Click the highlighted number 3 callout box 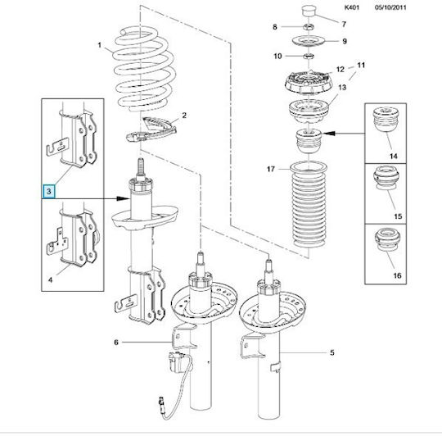tap(49, 191)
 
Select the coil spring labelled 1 tap(144, 69)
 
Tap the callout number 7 tap(344, 25)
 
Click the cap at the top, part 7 tap(309, 11)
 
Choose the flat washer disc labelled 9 tap(309, 42)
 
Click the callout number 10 tap(277, 57)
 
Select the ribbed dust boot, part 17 tap(309, 205)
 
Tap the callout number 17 tap(271, 169)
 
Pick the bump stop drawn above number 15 tap(386, 178)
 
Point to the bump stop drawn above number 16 tap(387, 239)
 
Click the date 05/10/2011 tap(390, 7)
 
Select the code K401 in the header tap(352, 7)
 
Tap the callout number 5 tap(332, 352)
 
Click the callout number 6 tap(116, 343)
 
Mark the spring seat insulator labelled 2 tap(151, 129)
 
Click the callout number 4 tap(50, 280)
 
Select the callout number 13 tap(342, 88)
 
